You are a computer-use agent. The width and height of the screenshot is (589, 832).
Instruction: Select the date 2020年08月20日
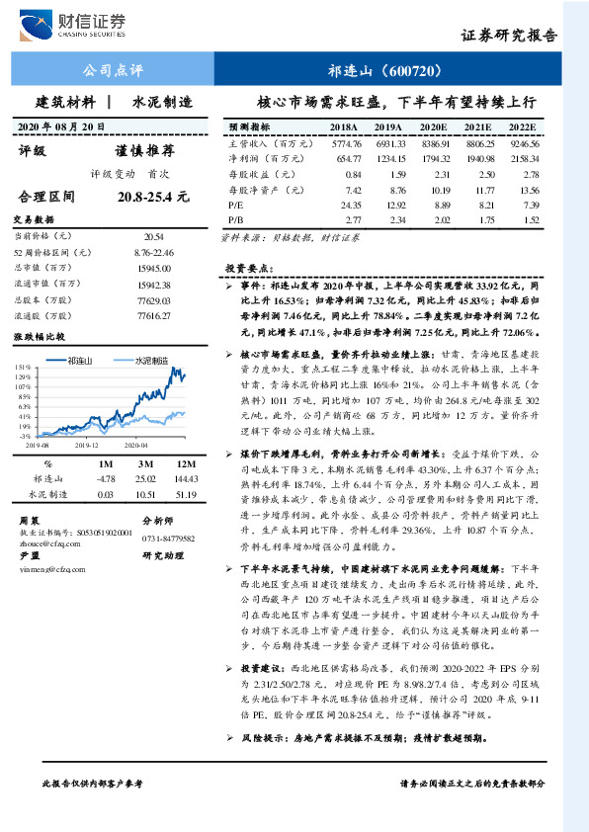click(x=63, y=126)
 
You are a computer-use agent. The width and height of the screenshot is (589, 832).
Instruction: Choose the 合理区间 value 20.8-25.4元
click(x=152, y=197)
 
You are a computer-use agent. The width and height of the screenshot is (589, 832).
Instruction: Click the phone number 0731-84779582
click(x=169, y=539)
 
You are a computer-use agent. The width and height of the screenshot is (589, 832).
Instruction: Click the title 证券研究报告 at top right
click(x=509, y=36)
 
